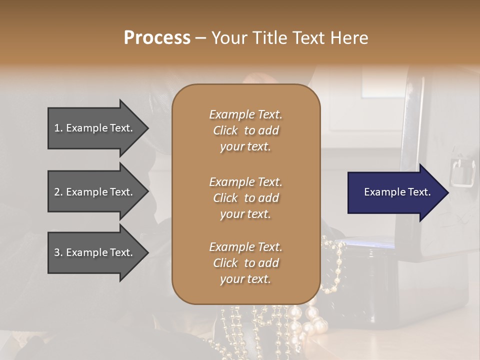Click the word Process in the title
(x=157, y=38)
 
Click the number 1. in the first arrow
(x=58, y=128)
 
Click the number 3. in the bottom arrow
(x=58, y=252)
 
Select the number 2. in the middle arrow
(x=58, y=192)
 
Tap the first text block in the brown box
(x=245, y=130)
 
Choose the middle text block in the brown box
(x=245, y=197)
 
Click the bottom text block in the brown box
(x=245, y=263)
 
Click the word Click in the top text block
(x=225, y=130)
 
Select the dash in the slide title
(x=200, y=38)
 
